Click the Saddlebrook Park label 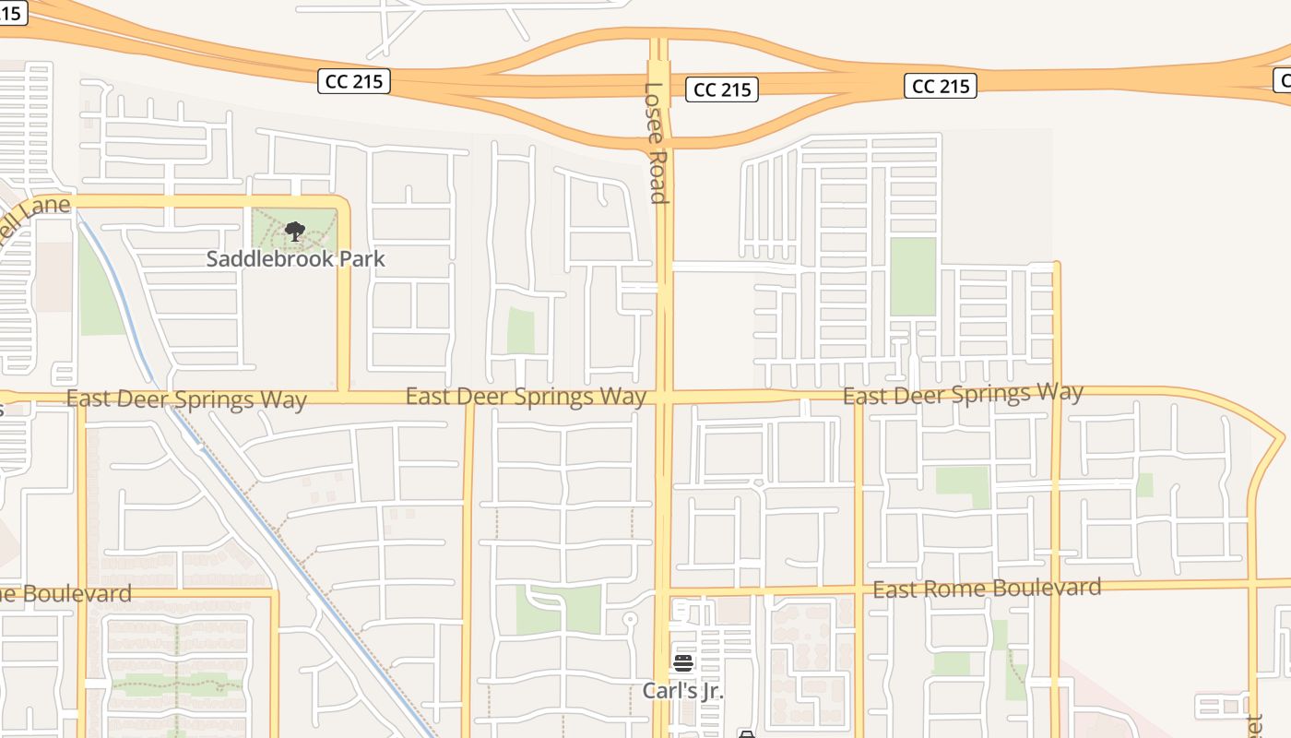pyautogui.click(x=295, y=259)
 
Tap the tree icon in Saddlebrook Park pyautogui.click(x=295, y=232)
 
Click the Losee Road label pyautogui.click(x=655, y=143)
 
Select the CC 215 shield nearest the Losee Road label pyautogui.click(x=721, y=89)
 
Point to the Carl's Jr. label pyautogui.click(x=682, y=691)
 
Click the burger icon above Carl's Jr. pyautogui.click(x=682, y=662)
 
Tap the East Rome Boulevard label pyautogui.click(x=987, y=589)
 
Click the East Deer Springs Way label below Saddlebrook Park pyautogui.click(x=186, y=399)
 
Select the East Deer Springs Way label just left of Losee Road pyautogui.click(x=526, y=397)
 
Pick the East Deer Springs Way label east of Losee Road pyautogui.click(x=963, y=395)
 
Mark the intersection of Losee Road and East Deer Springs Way pyautogui.click(x=663, y=397)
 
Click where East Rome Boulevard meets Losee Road pyautogui.click(x=663, y=591)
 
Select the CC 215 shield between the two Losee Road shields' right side pyautogui.click(x=941, y=86)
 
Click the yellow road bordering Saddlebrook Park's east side pyautogui.click(x=343, y=295)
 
